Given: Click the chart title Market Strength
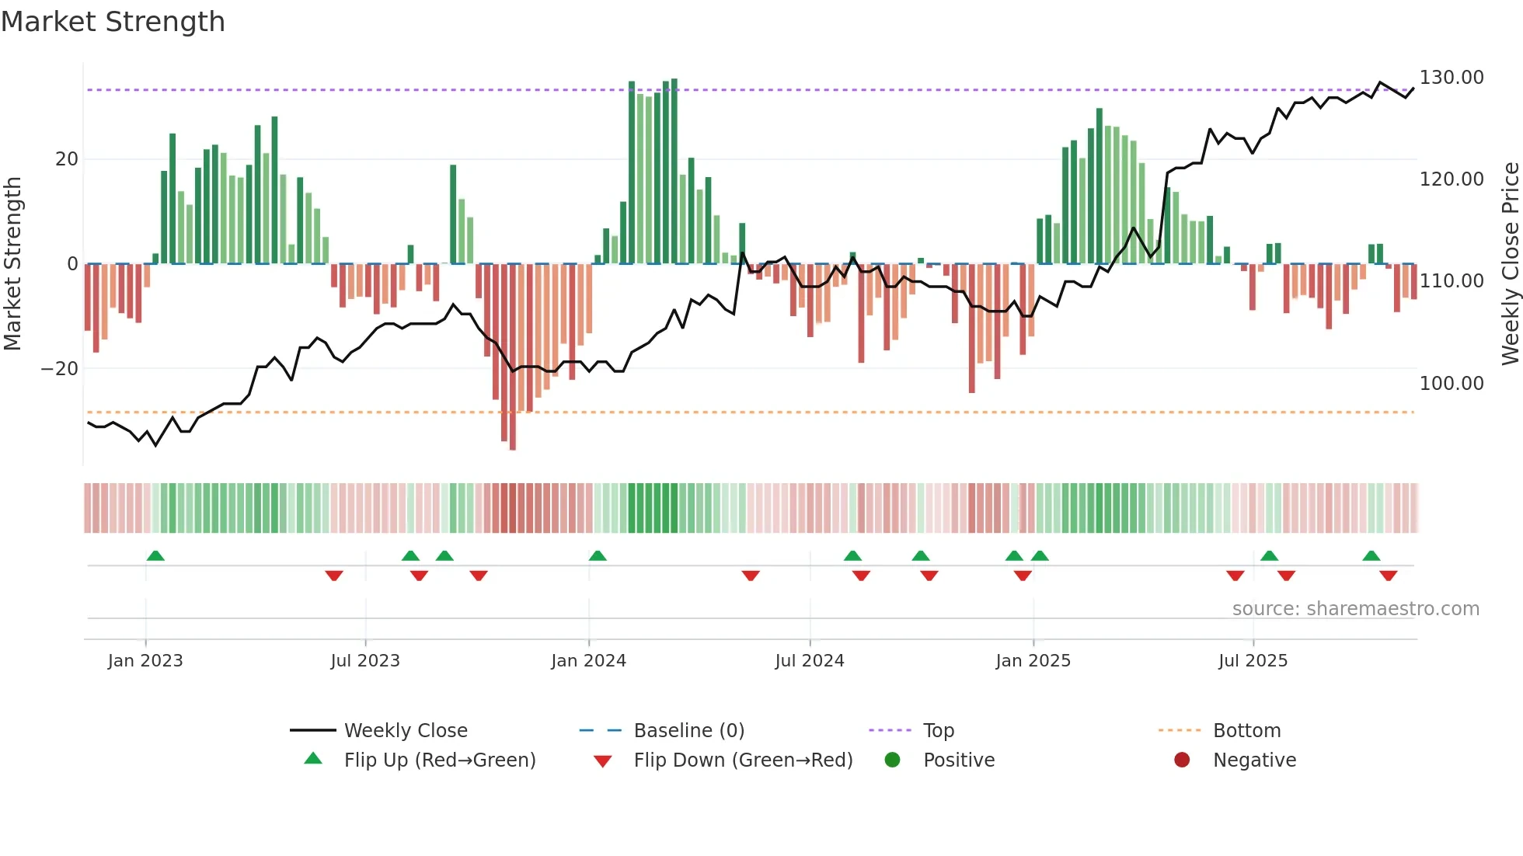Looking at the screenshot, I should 113,22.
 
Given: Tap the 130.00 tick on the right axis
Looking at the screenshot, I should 1451,78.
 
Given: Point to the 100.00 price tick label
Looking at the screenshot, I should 1451,383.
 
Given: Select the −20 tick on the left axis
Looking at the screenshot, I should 60,369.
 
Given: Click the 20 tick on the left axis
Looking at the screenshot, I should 67,159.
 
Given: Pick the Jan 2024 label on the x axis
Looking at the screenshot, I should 588,661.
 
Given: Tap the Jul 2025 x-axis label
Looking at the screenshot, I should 1253,661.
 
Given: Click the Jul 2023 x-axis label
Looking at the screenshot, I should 364,661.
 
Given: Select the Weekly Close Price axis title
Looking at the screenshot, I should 1510,264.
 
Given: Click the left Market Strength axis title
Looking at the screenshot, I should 12,264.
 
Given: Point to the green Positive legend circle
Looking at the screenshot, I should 892,760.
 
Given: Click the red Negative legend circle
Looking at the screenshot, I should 1182,760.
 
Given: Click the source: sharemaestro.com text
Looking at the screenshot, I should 1355,609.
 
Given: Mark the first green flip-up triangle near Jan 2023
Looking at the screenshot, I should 155,556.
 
